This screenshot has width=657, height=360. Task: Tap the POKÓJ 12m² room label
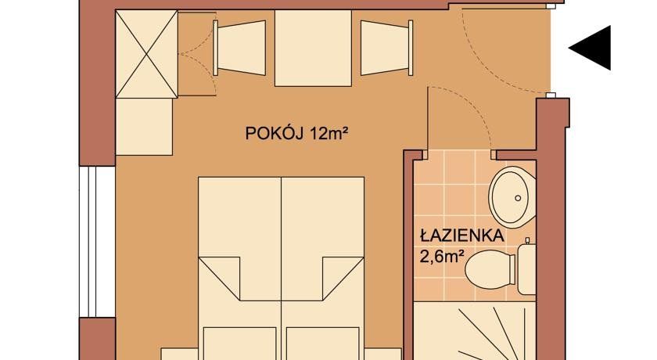pos(297,134)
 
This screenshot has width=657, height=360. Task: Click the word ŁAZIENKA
pos(461,236)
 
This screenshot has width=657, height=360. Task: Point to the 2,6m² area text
pos(443,256)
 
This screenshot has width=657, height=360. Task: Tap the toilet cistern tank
pos(526,269)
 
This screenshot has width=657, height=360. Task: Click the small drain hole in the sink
pos(518,198)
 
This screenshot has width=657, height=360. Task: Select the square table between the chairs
pos(313,48)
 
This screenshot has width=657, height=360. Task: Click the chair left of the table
pos(240,48)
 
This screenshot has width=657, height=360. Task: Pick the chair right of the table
pos(386,48)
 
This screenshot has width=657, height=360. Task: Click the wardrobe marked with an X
pos(146,54)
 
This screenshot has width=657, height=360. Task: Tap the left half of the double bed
pos(239,268)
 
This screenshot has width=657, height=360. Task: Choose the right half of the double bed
pos(322,268)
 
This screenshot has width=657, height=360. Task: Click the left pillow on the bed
pos(239,344)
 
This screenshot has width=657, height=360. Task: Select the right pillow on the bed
pos(322,344)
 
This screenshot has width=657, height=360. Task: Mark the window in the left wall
pos(97,242)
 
